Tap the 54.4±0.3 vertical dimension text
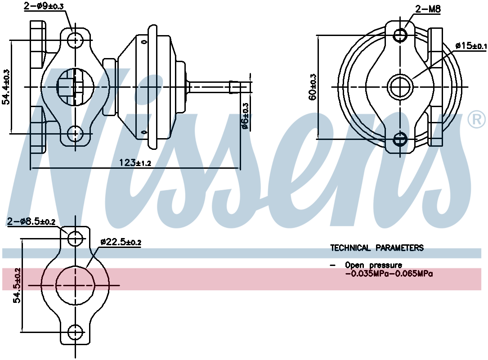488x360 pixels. (7, 87)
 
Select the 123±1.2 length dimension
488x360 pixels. (135, 162)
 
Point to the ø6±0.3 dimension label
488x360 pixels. (245, 116)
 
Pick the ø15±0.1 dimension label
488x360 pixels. (470, 45)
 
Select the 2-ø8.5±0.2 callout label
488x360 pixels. (31, 221)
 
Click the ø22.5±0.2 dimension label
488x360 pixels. (121, 242)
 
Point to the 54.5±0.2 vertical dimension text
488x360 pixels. (17, 286)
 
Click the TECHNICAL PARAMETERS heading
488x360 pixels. (377, 248)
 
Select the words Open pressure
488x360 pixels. (373, 265)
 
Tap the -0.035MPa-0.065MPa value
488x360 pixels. (389, 273)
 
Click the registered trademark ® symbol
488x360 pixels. (476, 119)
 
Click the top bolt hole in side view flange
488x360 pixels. (76, 40)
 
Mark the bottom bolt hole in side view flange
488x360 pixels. (76, 133)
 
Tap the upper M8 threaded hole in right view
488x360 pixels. (400, 35)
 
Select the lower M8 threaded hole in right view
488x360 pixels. (400, 139)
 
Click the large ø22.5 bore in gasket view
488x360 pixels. (76, 285)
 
